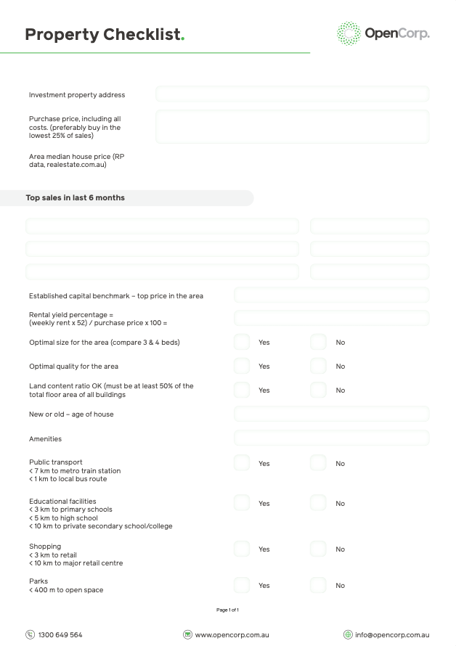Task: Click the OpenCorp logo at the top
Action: tap(383, 33)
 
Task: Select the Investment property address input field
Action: tap(292, 94)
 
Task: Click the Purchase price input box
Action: tap(292, 126)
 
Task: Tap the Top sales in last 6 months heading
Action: tap(76, 197)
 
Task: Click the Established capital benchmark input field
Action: tap(331, 295)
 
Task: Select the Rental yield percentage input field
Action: tap(331, 318)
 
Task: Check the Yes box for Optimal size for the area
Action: tap(242, 342)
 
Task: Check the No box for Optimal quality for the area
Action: tap(318, 366)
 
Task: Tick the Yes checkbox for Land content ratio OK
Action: tap(242, 390)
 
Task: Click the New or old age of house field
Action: tap(331, 414)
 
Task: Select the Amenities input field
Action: tap(331, 438)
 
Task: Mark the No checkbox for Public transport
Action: tap(318, 463)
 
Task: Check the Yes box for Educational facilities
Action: tap(242, 503)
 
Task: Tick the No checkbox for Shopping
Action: tap(318, 549)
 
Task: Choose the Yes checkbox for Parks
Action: tap(242, 585)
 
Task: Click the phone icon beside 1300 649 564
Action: tap(30, 634)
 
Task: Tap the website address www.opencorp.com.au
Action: tap(232, 634)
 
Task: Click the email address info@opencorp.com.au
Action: tap(392, 634)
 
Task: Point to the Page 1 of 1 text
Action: tap(227, 610)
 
